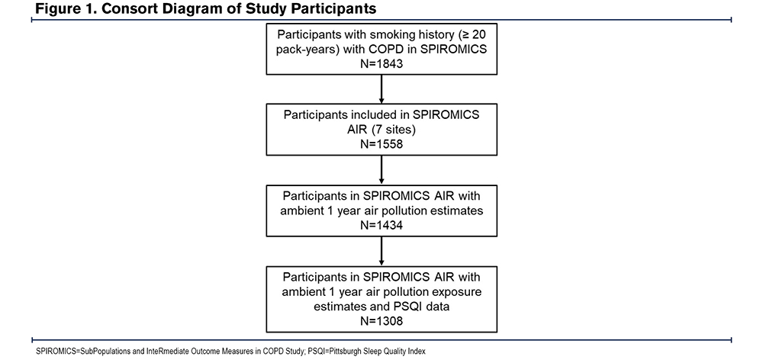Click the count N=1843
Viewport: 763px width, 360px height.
(x=381, y=63)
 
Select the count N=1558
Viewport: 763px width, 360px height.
(x=381, y=144)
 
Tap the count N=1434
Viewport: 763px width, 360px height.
(x=381, y=225)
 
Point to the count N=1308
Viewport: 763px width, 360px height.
(x=381, y=321)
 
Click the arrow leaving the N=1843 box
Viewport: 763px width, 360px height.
(x=381, y=88)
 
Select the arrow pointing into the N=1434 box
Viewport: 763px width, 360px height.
(x=381, y=170)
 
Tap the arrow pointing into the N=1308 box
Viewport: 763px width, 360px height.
(x=381, y=251)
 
